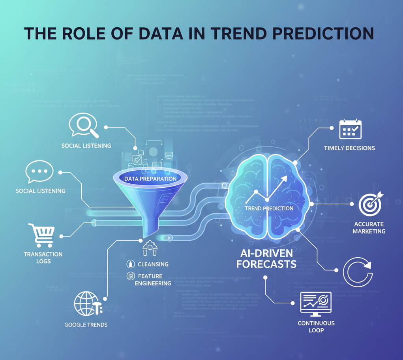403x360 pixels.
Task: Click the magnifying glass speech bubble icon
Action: [83, 125]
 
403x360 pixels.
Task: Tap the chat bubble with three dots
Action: [39, 172]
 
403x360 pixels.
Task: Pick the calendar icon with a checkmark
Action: [351, 129]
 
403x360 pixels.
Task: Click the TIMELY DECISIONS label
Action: [349, 148]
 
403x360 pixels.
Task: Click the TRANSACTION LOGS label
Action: [43, 258]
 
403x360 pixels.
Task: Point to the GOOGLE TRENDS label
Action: [86, 325]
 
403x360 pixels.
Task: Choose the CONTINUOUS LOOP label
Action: [316, 326]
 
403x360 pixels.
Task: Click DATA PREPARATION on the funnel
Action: [150, 179]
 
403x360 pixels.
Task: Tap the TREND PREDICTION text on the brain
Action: [269, 208]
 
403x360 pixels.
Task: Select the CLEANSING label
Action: [153, 264]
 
